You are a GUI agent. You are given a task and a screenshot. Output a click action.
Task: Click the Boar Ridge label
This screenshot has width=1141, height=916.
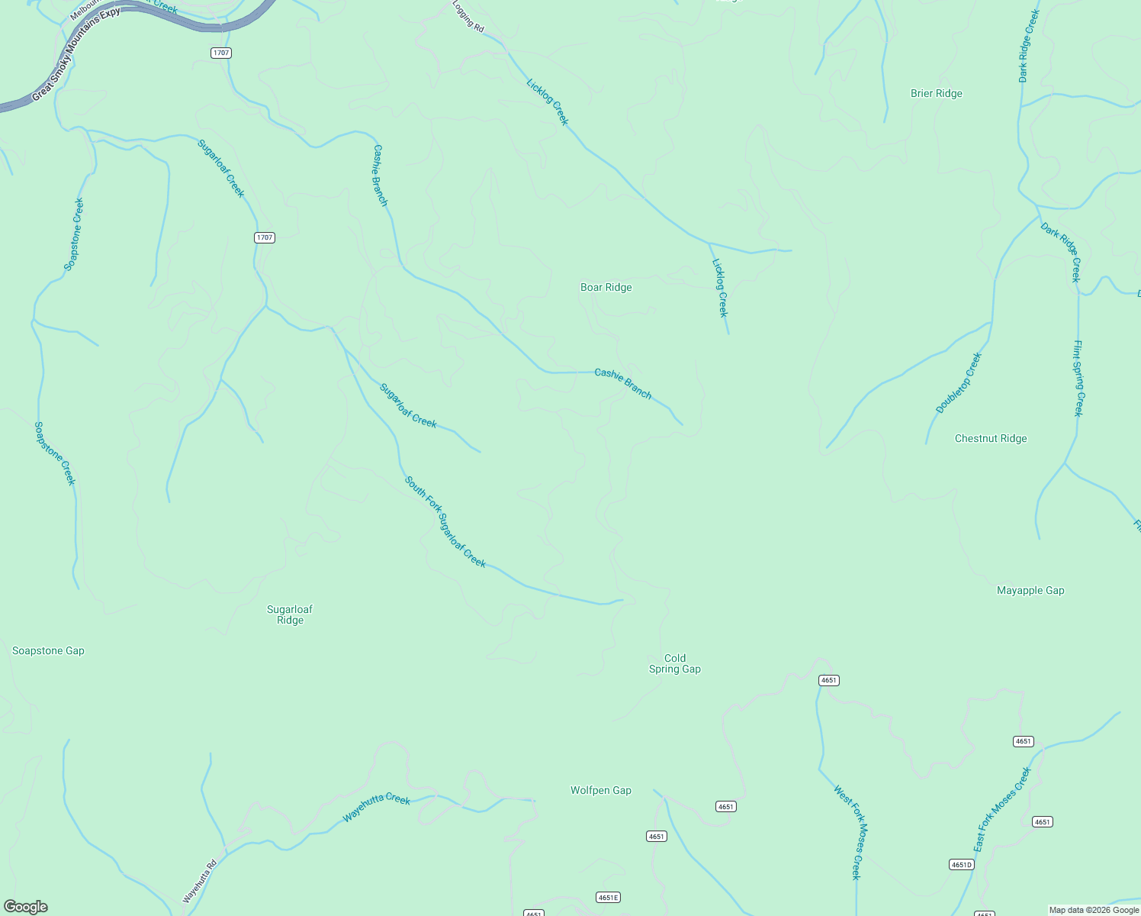click(606, 288)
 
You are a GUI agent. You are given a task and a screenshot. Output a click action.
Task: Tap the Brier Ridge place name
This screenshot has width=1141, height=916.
click(936, 94)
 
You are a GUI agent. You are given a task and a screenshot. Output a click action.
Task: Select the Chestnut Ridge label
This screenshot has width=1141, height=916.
click(991, 439)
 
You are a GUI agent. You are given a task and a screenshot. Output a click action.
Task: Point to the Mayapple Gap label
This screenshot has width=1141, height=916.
click(1030, 591)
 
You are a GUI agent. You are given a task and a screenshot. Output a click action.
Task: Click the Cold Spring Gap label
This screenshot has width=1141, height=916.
click(674, 663)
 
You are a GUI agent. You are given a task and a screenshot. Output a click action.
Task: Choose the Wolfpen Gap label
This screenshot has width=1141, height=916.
click(600, 791)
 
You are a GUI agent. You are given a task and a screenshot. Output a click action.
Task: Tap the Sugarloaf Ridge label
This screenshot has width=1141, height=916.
click(290, 614)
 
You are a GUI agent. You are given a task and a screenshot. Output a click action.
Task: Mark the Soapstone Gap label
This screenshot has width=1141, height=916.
click(48, 651)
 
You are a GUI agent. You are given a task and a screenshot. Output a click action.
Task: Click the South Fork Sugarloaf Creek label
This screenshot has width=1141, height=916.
click(445, 522)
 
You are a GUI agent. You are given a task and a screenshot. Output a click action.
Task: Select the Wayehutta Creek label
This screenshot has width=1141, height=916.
click(376, 808)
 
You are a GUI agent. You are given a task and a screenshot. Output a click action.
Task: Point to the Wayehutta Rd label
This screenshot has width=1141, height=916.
click(200, 882)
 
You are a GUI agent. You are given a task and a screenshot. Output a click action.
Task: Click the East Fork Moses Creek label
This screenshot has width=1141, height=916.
click(1001, 810)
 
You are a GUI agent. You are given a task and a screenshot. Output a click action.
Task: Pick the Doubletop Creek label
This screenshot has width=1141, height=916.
click(959, 383)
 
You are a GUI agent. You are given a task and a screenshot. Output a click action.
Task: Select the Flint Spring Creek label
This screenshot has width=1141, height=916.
click(1078, 378)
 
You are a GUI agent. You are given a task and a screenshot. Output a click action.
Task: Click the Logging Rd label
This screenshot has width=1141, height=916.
click(468, 16)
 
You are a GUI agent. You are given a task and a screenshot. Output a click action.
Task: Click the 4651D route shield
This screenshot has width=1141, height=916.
click(961, 865)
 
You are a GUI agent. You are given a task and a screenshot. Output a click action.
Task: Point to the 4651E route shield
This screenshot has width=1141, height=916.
click(608, 898)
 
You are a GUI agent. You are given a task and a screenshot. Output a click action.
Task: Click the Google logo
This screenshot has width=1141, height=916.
click(26, 907)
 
